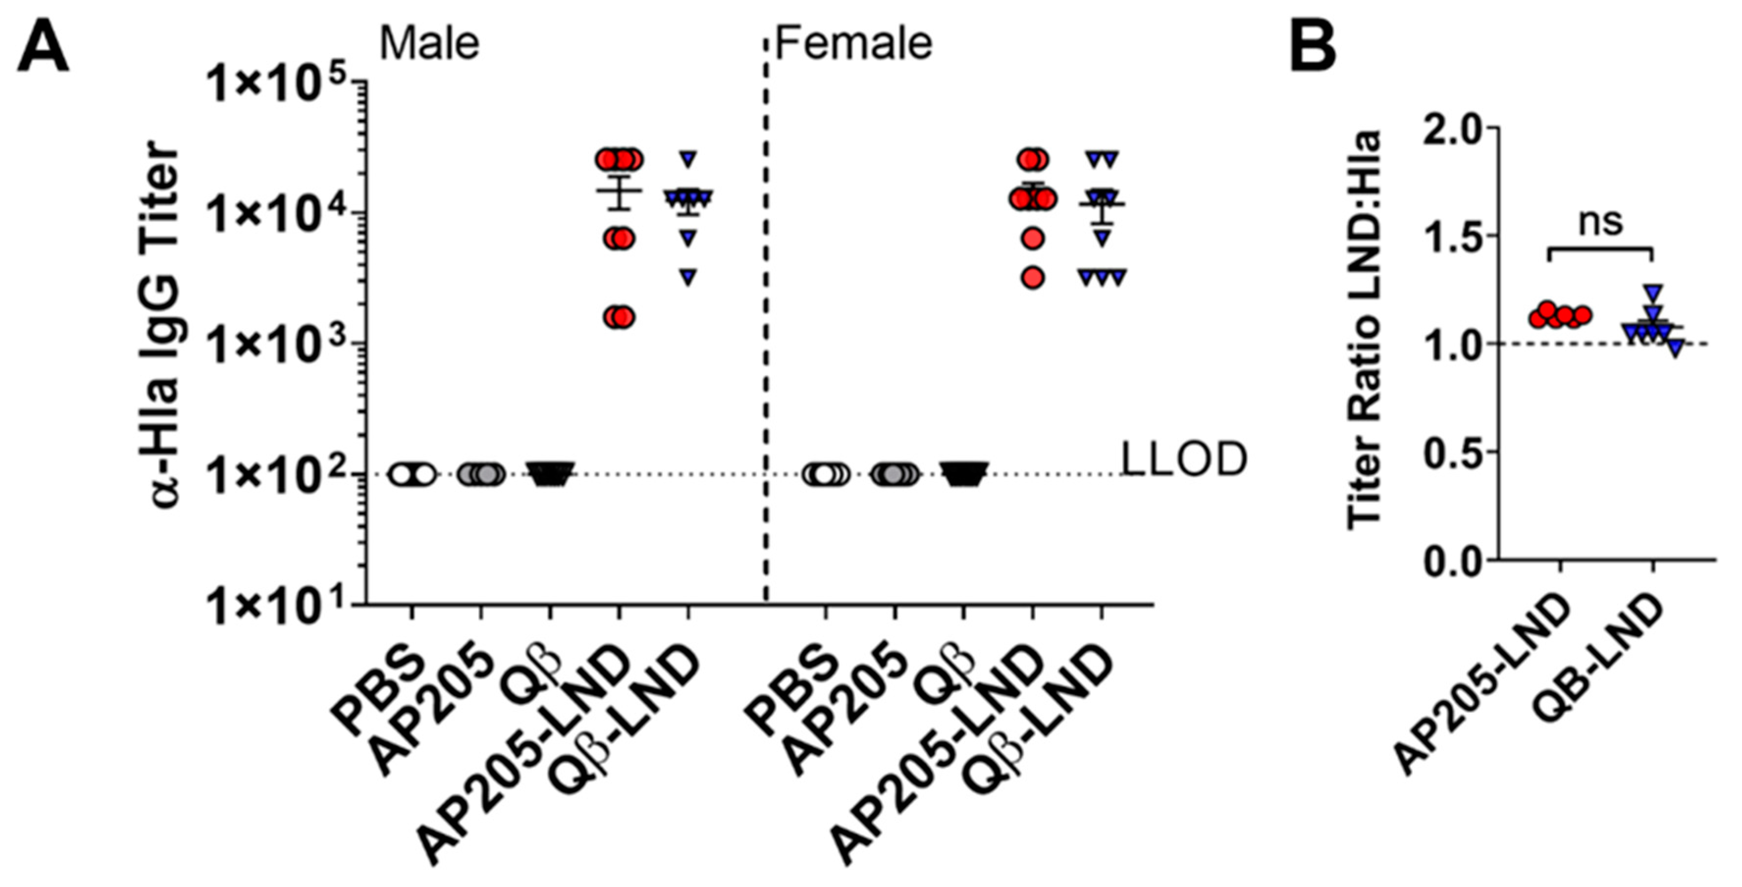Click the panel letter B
[x=1313, y=47]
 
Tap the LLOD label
[x=1184, y=460]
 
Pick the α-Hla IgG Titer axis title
[x=164, y=324]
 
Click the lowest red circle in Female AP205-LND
[x=1032, y=277]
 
